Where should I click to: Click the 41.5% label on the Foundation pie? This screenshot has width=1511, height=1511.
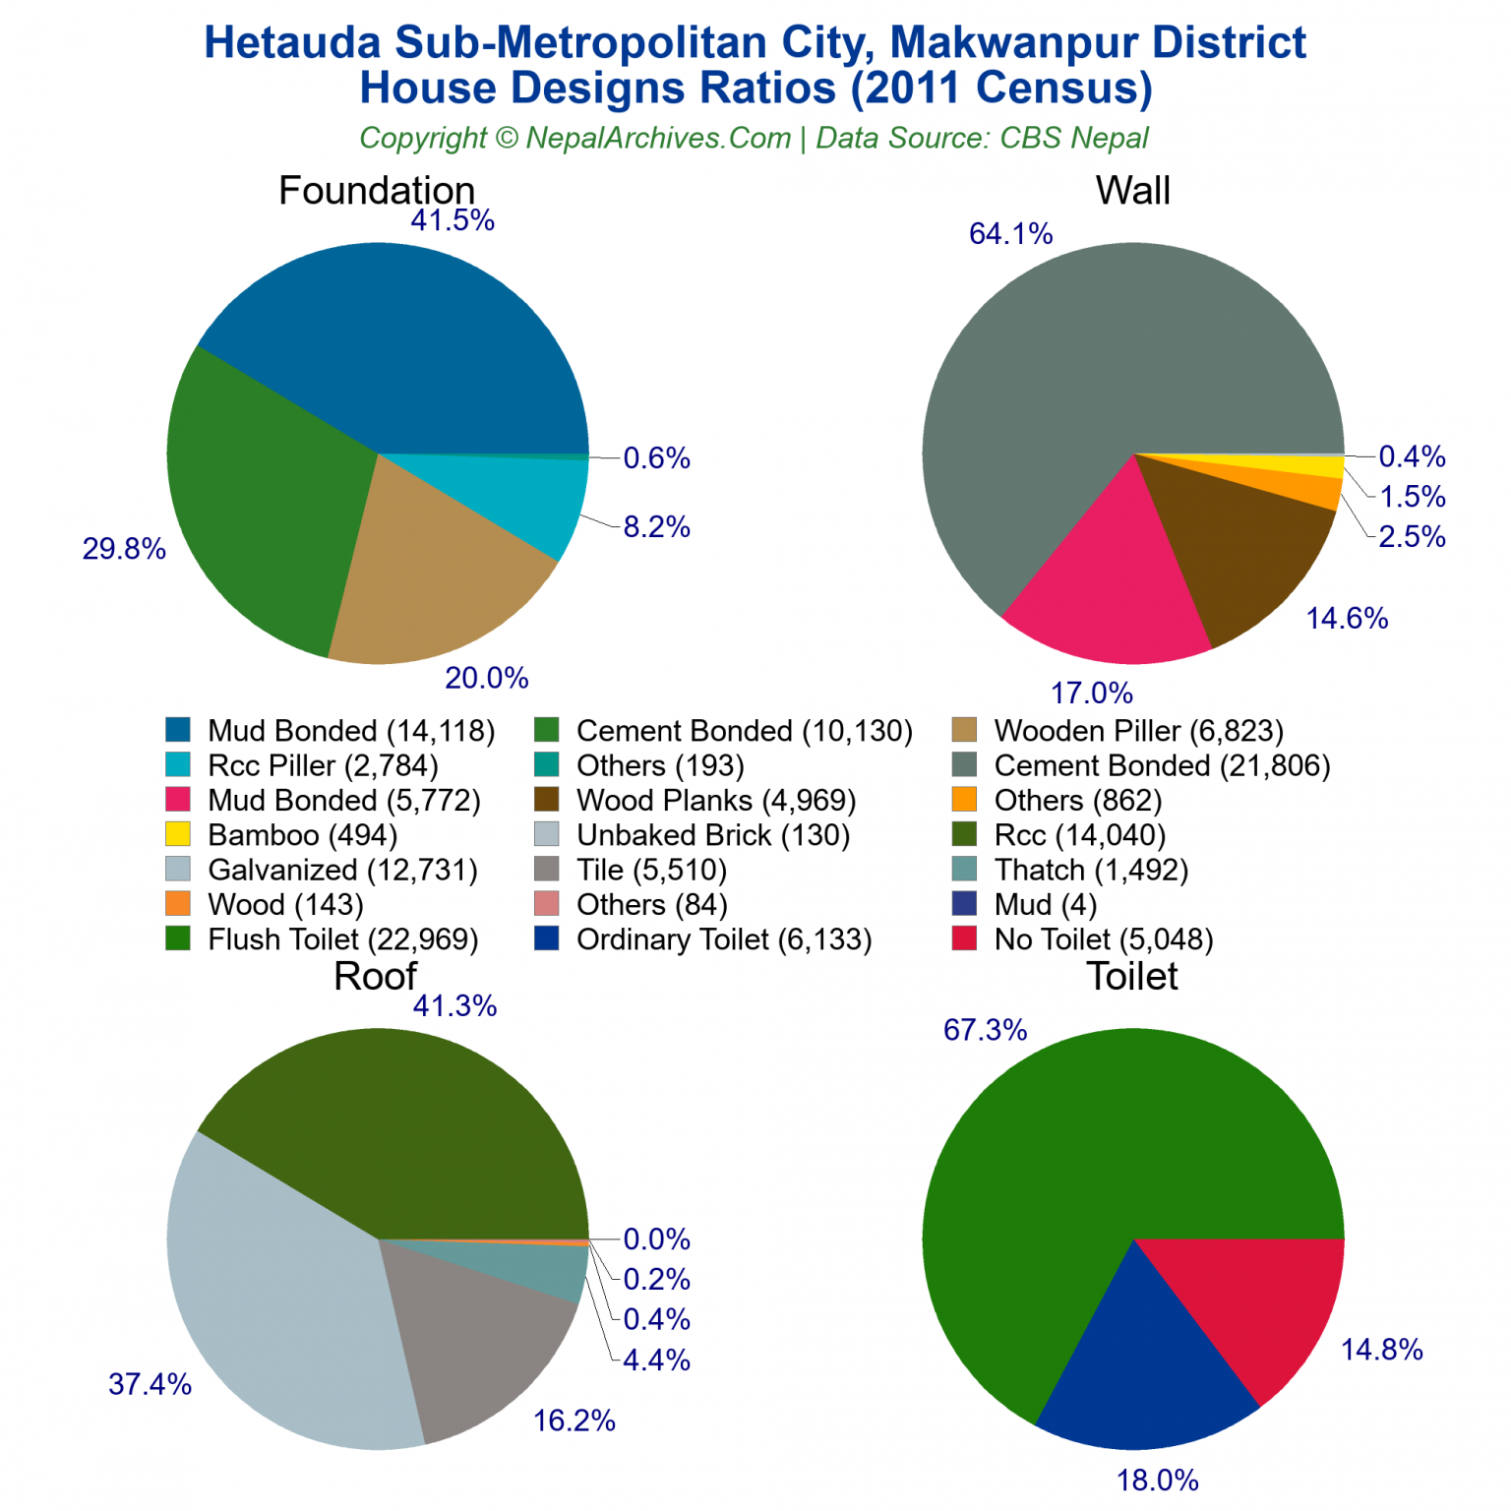click(453, 220)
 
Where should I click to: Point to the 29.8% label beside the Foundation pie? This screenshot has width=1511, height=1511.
click(124, 549)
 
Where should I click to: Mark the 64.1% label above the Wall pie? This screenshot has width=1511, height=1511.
click(1010, 234)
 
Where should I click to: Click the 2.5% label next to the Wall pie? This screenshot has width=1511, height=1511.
click(1412, 537)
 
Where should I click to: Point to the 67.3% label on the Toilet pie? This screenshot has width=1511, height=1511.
click(985, 1030)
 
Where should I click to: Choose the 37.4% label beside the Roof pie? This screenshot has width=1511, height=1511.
click(150, 1385)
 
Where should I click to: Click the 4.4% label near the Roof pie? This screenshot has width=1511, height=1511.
click(656, 1360)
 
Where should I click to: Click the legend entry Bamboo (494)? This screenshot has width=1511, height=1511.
click(302, 835)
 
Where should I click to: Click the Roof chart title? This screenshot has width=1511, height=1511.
click(376, 977)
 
